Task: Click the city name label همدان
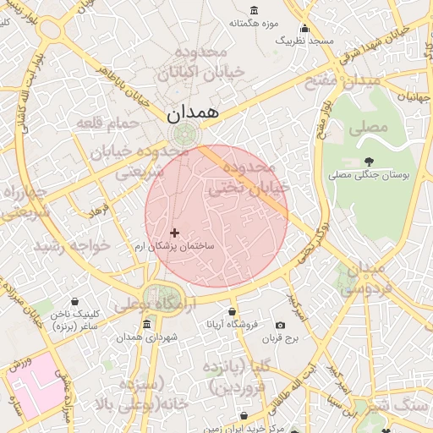tap(193, 112)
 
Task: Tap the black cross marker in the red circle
tap(175, 233)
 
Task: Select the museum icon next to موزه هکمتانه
tap(255, 23)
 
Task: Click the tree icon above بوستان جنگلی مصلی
tap(368, 162)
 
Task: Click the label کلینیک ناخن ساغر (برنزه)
tap(75, 319)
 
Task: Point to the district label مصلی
tap(367, 128)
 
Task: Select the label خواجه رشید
tap(72, 245)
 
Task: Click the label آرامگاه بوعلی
tap(156, 304)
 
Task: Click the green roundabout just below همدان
tap(183, 134)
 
